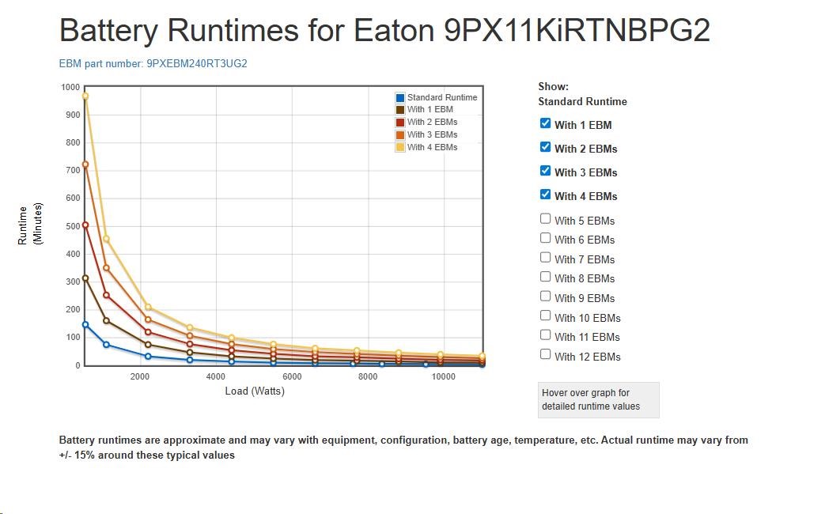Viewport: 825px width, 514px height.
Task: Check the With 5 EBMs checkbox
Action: click(x=545, y=219)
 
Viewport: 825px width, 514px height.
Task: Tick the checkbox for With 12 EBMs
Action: click(x=545, y=354)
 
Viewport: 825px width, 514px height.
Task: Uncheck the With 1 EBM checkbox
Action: click(x=545, y=123)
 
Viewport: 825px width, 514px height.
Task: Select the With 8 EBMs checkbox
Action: click(x=545, y=277)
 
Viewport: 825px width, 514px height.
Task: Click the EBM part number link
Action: click(x=153, y=63)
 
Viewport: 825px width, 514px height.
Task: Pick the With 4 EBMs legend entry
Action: click(x=432, y=147)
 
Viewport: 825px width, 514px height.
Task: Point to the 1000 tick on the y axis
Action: click(x=70, y=87)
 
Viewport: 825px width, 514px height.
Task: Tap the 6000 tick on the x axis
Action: click(x=292, y=376)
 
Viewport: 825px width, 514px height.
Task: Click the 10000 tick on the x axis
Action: click(x=444, y=376)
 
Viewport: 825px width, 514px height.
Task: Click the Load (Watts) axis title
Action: click(x=255, y=391)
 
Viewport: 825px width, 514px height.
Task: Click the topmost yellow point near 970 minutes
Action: click(x=85, y=96)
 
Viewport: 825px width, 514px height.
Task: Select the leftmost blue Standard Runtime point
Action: click(x=85, y=324)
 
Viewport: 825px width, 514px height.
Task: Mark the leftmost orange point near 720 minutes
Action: click(x=85, y=164)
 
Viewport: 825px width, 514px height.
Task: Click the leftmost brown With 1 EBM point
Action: click(x=85, y=278)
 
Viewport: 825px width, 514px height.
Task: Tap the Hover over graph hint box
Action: click(x=598, y=399)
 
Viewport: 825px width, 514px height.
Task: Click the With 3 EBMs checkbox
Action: click(x=545, y=171)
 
